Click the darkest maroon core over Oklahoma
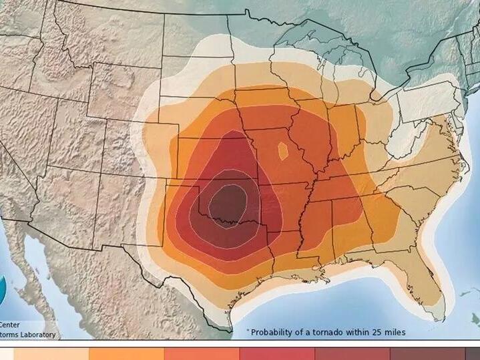coord(228,201)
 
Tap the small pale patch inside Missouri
coord(283,151)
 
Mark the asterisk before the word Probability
coord(248,331)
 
